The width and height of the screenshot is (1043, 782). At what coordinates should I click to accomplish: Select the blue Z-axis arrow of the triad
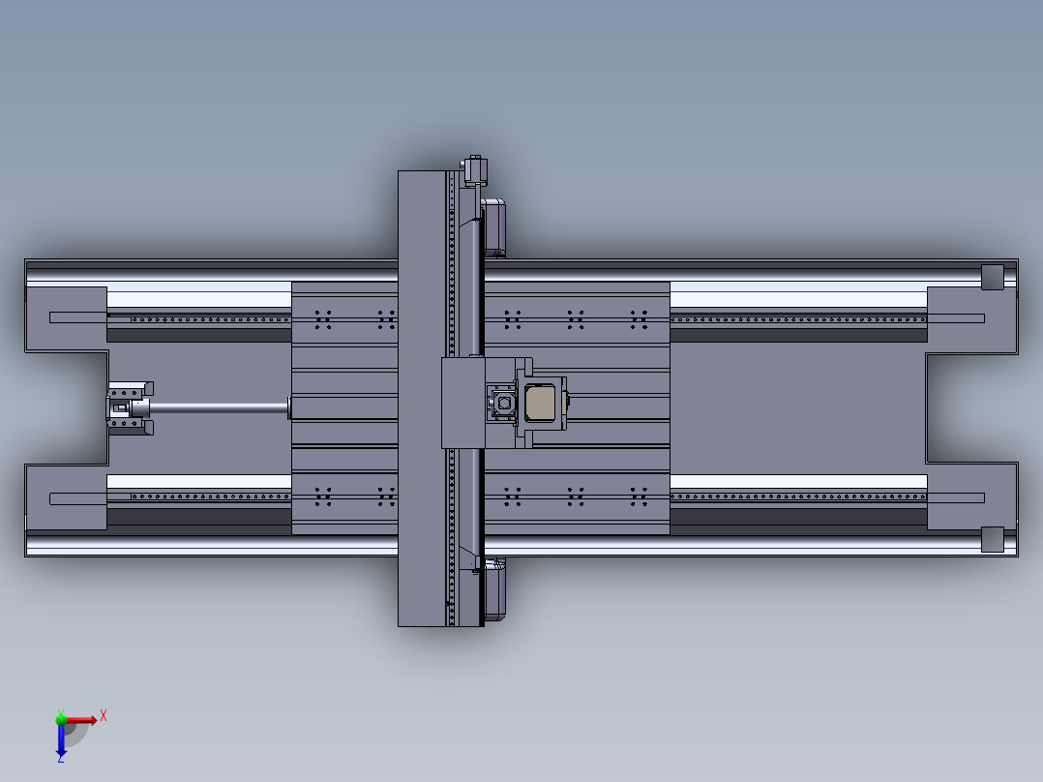[61, 739]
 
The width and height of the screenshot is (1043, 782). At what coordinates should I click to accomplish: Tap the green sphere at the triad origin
[61, 718]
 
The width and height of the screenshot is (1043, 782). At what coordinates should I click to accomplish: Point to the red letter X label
[104, 715]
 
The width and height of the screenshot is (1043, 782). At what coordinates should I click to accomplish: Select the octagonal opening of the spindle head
[504, 402]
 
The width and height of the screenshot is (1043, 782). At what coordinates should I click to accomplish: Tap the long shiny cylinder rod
[218, 408]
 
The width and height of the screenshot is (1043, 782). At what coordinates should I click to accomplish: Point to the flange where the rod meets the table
[289, 408]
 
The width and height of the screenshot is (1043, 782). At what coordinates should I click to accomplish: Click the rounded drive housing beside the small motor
[494, 227]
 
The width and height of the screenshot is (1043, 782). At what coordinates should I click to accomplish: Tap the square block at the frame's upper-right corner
[993, 276]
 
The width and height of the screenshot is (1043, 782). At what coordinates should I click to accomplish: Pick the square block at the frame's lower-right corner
[993, 539]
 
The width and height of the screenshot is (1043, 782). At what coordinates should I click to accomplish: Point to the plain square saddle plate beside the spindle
[462, 402]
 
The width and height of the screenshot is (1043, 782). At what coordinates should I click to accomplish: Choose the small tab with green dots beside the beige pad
[568, 399]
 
